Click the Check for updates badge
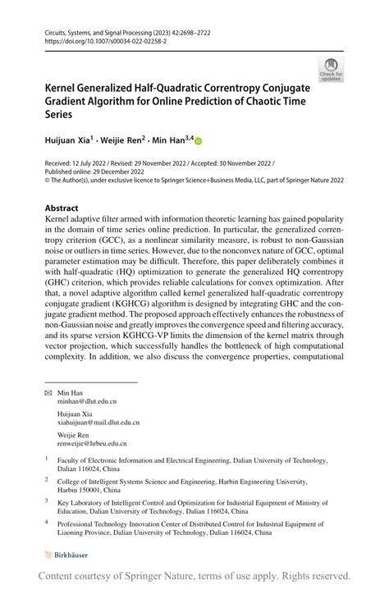(x=332, y=70)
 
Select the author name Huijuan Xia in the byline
(x=68, y=142)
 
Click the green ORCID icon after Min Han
(x=198, y=142)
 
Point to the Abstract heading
(x=62, y=208)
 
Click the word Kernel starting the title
(x=61, y=84)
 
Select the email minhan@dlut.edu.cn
(x=87, y=402)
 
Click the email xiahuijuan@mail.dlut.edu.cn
(x=98, y=423)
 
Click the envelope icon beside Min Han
(x=48, y=394)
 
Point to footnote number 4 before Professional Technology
(x=47, y=523)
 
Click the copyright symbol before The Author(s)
(x=47, y=182)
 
